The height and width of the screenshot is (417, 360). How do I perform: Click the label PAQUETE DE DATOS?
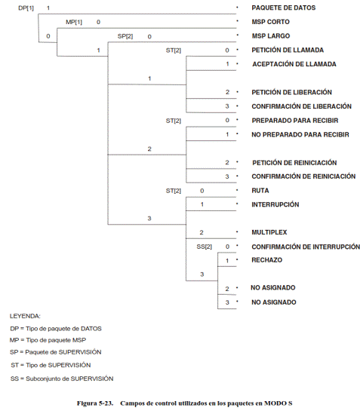283,8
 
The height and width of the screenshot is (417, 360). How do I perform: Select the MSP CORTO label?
270,22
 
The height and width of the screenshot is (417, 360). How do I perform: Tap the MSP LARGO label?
271,36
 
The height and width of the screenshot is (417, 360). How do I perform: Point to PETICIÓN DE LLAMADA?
288,50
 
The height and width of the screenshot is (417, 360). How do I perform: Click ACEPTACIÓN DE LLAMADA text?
294,64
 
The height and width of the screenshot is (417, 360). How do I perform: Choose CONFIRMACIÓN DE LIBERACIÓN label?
301,106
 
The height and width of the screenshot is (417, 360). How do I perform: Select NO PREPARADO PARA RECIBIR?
300,134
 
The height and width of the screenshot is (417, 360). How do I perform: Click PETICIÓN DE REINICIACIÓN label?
294,162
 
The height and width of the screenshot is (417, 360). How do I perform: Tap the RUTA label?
260,191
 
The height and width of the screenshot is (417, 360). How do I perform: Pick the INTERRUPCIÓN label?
275,204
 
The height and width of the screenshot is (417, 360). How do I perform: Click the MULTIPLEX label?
269,232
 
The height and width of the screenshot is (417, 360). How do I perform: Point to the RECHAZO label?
266,260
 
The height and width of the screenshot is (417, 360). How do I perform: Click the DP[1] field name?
26,8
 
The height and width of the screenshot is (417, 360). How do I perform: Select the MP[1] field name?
74,22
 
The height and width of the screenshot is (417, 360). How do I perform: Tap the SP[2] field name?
125,36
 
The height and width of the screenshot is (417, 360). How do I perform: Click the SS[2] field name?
204,247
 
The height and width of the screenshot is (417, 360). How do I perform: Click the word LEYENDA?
25,316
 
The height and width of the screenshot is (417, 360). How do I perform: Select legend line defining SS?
62,379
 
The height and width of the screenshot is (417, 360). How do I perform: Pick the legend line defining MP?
48,340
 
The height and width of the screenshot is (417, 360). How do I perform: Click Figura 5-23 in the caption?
95,403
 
